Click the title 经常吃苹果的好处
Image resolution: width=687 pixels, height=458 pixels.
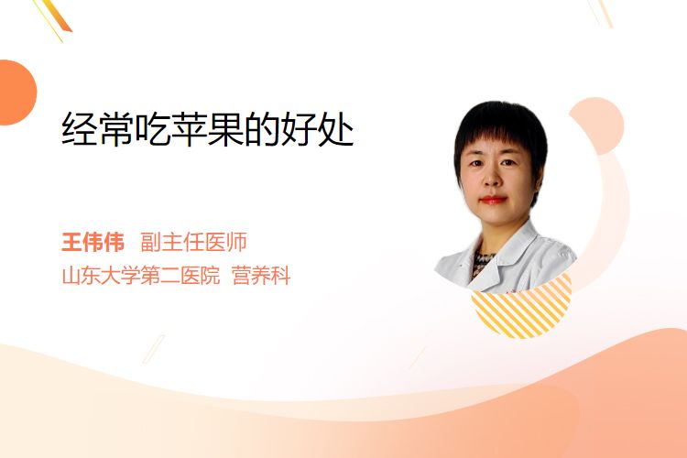(x=208, y=129)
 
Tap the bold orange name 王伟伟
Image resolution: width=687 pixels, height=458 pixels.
(x=93, y=242)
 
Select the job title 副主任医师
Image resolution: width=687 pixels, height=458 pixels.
(x=193, y=242)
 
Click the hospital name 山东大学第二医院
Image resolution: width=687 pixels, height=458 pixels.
(x=141, y=276)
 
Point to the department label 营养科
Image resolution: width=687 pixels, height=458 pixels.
(x=261, y=276)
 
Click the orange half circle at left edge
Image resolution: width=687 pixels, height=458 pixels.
(x=16, y=93)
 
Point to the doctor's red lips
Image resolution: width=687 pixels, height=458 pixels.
(x=494, y=200)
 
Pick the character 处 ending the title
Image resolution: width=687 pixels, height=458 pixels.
(x=336, y=129)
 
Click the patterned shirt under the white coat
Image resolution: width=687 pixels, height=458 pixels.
(x=483, y=262)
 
